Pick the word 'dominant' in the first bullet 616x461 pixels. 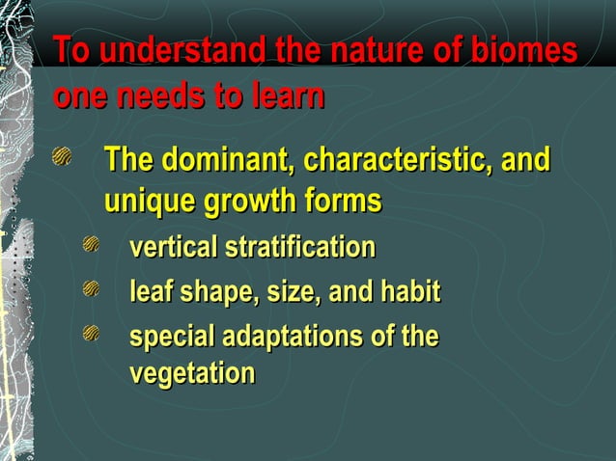(225, 159)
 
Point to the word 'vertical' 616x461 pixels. (173, 248)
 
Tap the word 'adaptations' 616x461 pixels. (286, 337)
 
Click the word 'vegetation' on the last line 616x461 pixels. (192, 372)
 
